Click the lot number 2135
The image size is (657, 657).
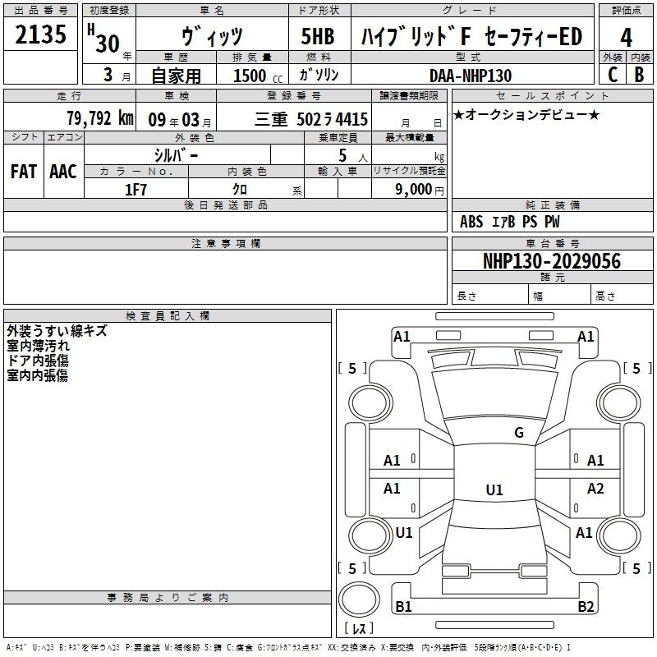click(x=40, y=34)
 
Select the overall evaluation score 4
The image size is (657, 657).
click(x=626, y=38)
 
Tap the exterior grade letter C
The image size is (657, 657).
click(x=613, y=75)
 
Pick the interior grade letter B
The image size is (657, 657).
click(x=639, y=75)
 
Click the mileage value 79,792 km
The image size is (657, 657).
click(x=100, y=118)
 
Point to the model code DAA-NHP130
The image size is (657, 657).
click(x=471, y=76)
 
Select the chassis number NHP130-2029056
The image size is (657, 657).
click(x=552, y=261)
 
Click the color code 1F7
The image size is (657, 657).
click(x=136, y=190)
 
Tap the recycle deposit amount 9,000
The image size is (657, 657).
click(x=413, y=190)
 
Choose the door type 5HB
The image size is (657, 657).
click(x=318, y=36)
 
